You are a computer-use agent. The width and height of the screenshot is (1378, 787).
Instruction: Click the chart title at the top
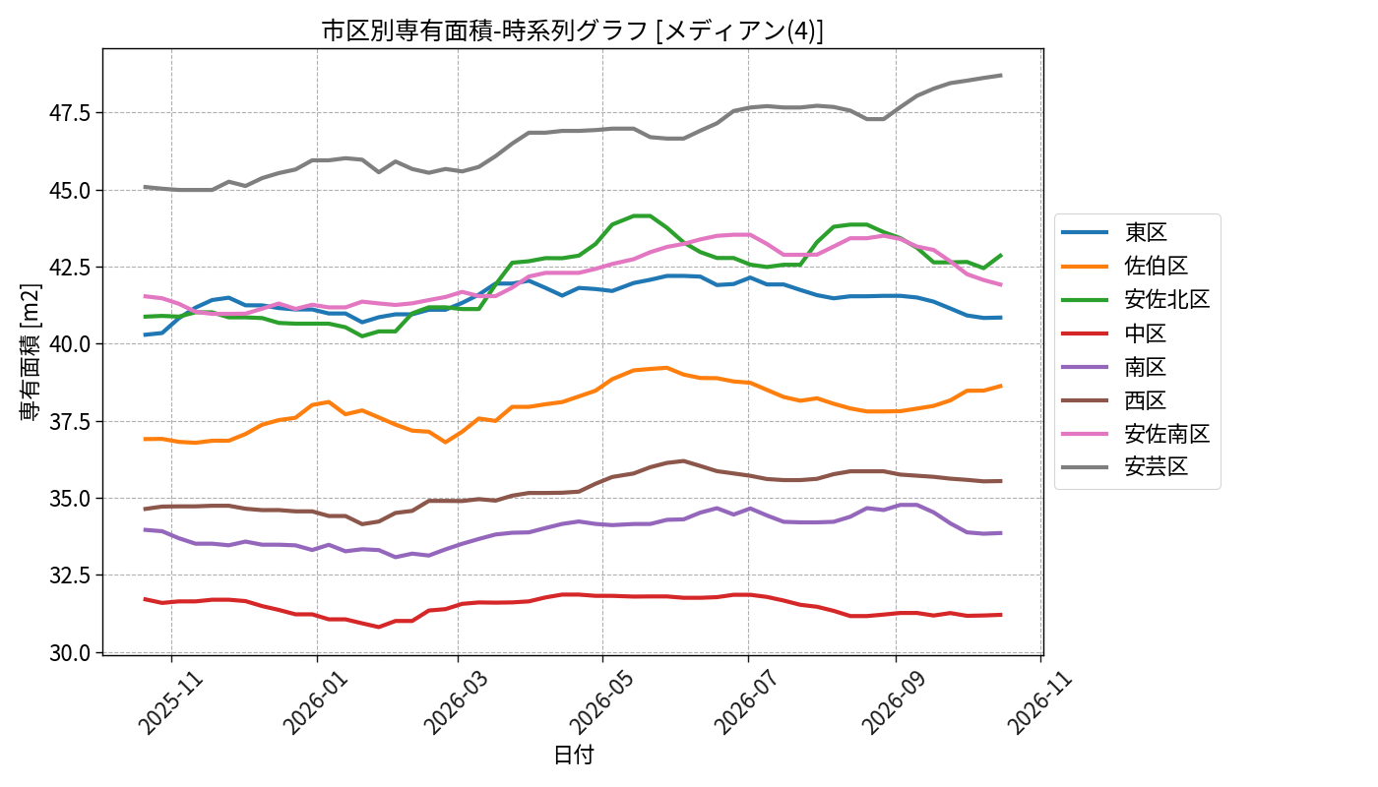572,30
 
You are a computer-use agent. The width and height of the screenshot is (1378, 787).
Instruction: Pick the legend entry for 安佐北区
1136,299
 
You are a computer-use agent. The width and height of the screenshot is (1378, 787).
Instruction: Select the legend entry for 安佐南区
1136,434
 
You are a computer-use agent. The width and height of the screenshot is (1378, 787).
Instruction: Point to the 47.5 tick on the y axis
70,113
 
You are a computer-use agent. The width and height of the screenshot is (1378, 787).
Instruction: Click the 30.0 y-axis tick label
70,653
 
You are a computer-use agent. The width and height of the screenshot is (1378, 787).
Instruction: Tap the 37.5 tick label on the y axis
70,422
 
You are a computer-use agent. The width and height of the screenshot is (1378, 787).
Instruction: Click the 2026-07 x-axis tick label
747,703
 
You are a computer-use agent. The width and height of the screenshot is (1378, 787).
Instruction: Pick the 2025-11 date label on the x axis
169,703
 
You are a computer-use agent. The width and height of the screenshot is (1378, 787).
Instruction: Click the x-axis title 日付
573,756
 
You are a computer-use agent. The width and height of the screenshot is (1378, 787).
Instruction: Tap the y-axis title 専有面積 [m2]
31,352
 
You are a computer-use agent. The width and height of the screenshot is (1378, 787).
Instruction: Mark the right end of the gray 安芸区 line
1002,75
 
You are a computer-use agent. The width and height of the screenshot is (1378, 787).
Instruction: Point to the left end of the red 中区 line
145,599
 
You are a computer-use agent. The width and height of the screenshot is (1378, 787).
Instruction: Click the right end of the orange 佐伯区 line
1002,386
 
